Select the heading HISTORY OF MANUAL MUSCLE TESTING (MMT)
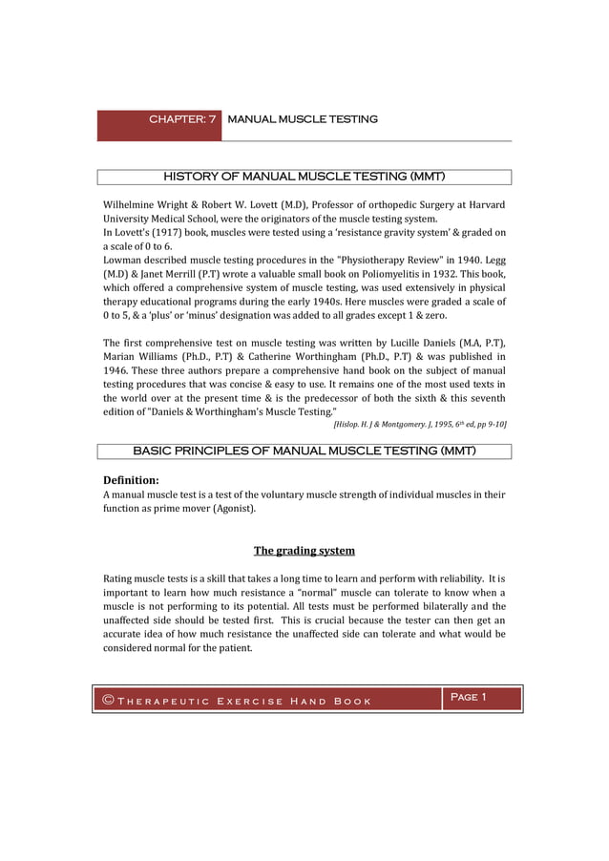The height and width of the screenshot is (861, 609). tap(304, 177)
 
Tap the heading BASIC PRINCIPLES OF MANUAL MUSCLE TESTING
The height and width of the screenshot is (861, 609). tap(304, 451)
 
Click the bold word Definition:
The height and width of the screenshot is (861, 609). tap(131, 479)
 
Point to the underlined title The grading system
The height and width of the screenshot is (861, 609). tap(304, 551)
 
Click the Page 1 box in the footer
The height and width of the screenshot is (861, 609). tap(468, 697)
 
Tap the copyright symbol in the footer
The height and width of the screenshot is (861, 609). tap(109, 702)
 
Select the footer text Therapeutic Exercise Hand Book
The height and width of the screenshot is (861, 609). tap(243, 703)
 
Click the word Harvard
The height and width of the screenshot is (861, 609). tap(482, 204)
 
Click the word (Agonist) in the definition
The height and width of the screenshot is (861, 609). tap(232, 509)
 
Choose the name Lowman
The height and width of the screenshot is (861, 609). tap(125, 260)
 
